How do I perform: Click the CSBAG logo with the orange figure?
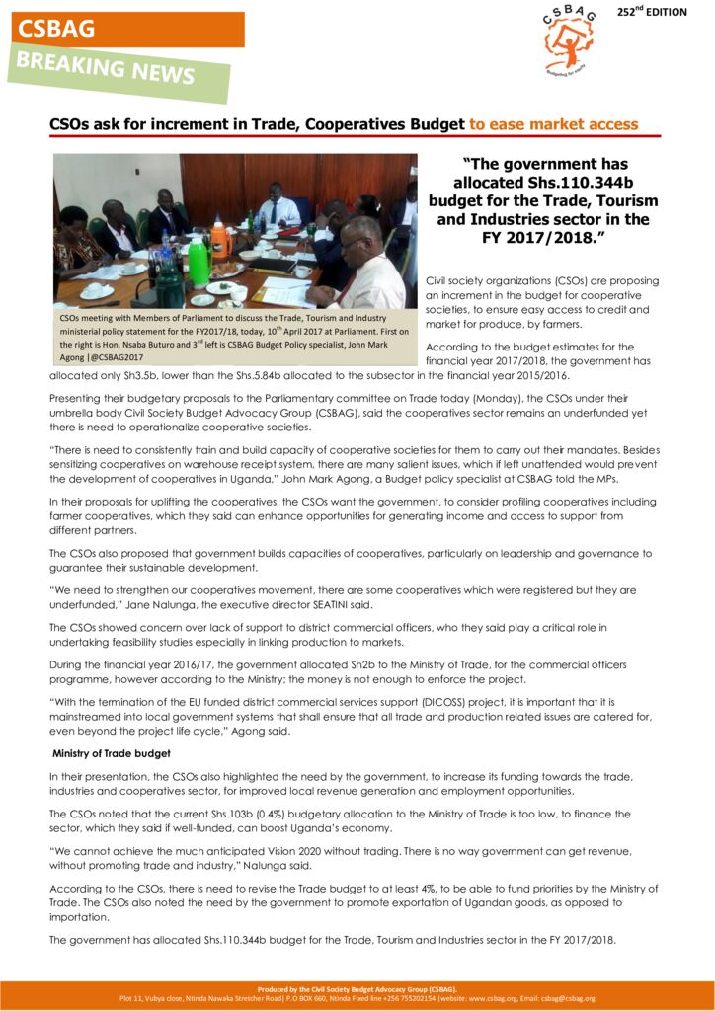[570, 40]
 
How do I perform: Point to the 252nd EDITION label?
[672, 13]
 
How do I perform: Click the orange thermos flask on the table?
[219, 238]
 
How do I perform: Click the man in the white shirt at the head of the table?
[278, 207]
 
